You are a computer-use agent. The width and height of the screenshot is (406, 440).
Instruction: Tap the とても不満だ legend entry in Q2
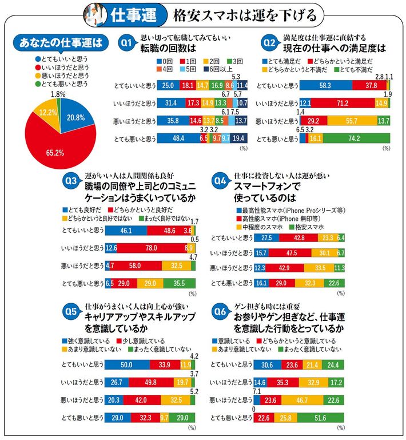[x=353, y=69]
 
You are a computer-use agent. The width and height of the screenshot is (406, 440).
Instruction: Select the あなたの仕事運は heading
[x=59, y=42]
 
